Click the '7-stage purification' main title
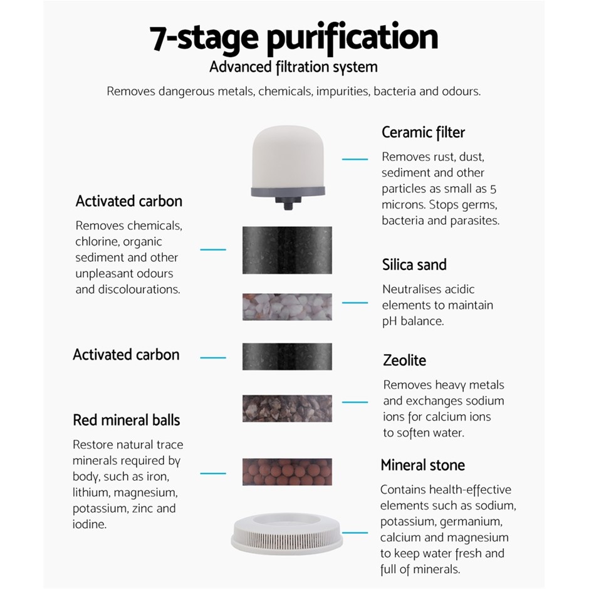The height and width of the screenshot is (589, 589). point(294,38)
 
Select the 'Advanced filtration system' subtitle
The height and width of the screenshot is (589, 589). point(293,67)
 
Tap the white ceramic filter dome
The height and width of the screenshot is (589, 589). point(288,157)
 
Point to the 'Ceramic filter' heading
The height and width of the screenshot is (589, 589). point(424,133)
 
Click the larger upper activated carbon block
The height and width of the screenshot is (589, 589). point(287,250)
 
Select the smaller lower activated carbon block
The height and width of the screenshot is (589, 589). point(287,357)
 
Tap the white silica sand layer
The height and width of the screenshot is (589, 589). point(287,307)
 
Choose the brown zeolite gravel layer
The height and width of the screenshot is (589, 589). point(287,409)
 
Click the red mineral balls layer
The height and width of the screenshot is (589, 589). point(287,472)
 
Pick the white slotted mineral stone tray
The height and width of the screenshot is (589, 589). point(287,534)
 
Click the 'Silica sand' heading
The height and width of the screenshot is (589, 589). point(414,265)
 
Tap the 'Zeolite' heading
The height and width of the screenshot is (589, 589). point(405,360)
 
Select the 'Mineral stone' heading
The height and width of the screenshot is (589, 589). point(422,465)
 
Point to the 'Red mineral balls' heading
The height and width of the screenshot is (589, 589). point(127,420)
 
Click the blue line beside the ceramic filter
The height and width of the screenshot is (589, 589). point(355,159)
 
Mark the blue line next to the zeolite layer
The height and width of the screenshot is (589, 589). point(355,402)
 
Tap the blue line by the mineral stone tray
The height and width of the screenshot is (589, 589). point(355,533)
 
